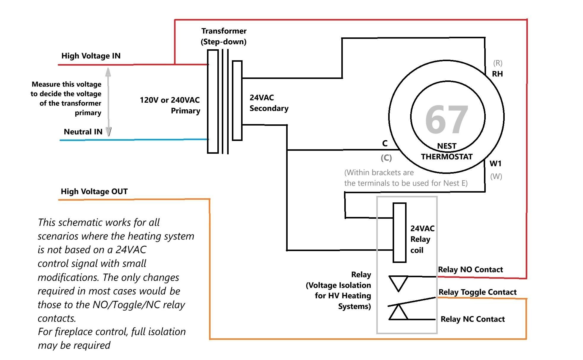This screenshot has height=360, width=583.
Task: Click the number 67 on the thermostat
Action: pos(447,120)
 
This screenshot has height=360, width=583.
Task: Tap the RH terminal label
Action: pos(497,74)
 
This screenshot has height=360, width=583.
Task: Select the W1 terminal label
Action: pos(496,163)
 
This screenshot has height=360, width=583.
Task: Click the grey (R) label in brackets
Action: pos(498,63)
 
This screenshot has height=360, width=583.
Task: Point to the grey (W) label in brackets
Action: pos(496,176)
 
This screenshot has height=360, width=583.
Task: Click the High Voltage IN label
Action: pos(91,56)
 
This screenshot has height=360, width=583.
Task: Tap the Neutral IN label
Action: pos(83,131)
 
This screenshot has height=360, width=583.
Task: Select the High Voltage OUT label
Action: pos(94,191)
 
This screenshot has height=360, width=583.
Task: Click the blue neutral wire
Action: pos(134,139)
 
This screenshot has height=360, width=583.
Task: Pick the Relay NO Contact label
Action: pos(470,269)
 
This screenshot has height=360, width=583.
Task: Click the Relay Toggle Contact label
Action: pos(477,292)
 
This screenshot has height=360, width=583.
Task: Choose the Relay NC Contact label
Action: pos(472,319)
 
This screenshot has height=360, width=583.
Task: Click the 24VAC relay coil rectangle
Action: pos(399,233)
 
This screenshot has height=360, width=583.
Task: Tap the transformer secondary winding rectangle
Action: pos(237,100)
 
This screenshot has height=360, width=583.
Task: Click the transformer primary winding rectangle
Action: pos(213,102)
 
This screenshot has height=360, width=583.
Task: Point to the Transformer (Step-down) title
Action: pos(224,36)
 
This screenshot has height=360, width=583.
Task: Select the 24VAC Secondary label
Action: pos(269,103)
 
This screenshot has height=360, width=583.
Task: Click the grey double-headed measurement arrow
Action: pos(108,102)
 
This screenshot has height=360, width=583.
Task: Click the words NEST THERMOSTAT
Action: pos(447,151)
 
